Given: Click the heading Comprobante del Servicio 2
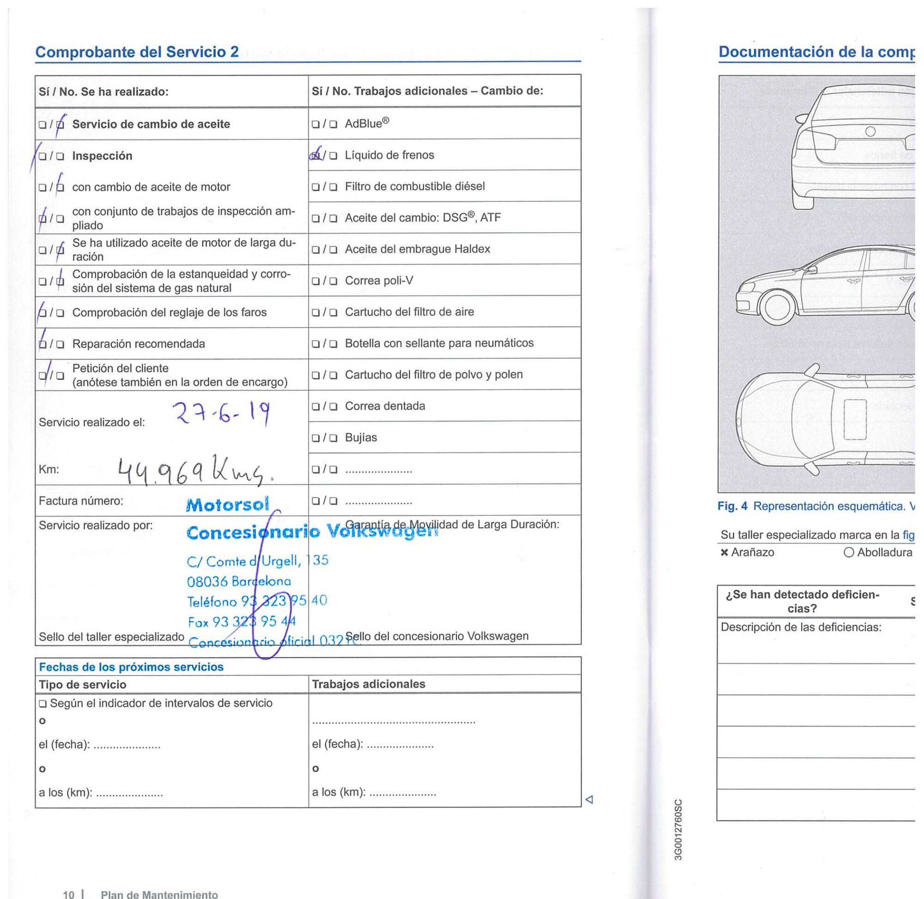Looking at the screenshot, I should click(137, 51).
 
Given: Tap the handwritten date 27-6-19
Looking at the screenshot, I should click(221, 413).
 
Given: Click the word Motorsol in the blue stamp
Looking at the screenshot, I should click(228, 505).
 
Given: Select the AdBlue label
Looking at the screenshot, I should click(366, 124).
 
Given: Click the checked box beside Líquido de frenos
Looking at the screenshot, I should click(316, 155).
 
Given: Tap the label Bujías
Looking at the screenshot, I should click(361, 437).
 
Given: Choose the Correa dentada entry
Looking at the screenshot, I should click(384, 406).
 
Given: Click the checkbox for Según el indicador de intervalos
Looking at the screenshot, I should click(43, 704).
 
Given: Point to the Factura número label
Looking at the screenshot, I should click(81, 501).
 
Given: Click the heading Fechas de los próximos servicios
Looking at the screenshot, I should click(131, 667).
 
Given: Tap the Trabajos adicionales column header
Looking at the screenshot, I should click(368, 684).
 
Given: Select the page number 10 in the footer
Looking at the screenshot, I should click(68, 894).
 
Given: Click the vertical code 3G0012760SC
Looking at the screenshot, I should click(678, 829).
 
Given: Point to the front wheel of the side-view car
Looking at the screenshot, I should click(777, 307).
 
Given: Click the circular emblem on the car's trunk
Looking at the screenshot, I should click(870, 131).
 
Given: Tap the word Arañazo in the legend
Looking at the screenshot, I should click(752, 553).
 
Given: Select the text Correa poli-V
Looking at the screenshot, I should click(379, 280).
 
